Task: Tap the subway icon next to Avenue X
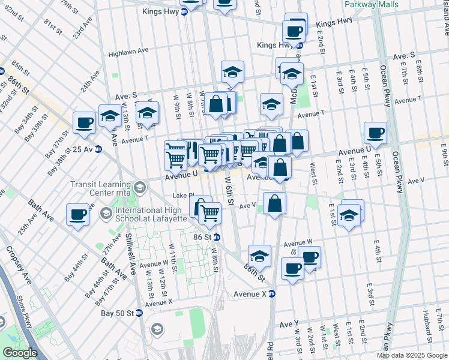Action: (271, 294)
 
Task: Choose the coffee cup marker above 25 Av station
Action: (83, 123)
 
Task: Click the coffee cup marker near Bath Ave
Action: (77, 215)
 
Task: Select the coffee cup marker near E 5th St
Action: (375, 133)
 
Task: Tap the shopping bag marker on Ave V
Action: (274, 203)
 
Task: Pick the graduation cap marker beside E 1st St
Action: (349, 214)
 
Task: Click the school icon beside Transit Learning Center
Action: (140, 188)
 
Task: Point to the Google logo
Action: (20, 353)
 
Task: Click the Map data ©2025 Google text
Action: (412, 355)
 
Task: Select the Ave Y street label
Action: (289, 325)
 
